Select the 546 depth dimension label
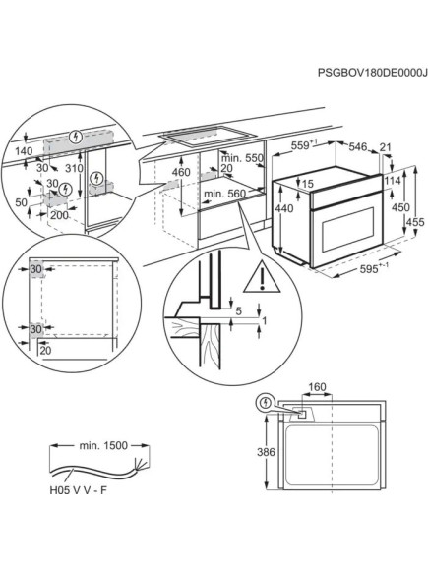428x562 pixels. (358, 146)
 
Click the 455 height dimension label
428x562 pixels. (415, 222)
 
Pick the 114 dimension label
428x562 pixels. (393, 180)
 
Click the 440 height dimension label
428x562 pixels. (284, 208)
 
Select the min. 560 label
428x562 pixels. (225, 194)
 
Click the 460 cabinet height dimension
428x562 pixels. (181, 172)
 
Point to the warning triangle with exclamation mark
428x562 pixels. (262, 277)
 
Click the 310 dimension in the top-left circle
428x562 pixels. (75, 168)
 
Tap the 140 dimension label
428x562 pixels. (24, 151)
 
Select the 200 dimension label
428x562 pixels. (59, 215)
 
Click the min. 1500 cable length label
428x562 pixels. (103, 445)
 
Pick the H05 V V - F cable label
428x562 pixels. (79, 490)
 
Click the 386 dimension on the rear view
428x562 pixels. (266, 452)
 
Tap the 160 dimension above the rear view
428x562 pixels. (318, 387)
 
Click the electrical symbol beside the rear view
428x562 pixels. (265, 403)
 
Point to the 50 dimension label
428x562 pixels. (22, 202)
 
